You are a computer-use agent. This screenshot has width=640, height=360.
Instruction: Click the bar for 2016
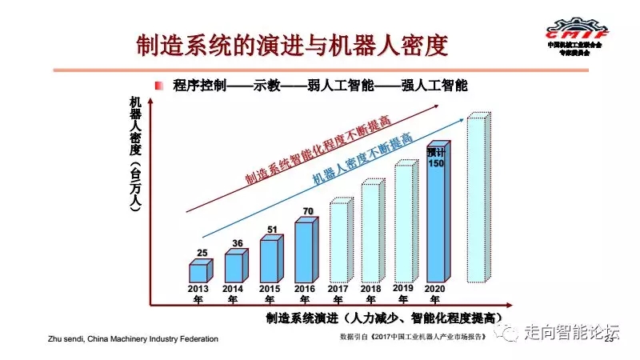pyautogui.click(x=303, y=251)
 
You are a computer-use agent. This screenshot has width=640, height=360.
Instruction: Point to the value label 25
pyautogui.click(x=202, y=254)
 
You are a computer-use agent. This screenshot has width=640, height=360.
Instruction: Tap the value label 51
pyautogui.click(x=271, y=230)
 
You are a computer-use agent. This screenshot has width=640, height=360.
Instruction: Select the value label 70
pyautogui.click(x=306, y=212)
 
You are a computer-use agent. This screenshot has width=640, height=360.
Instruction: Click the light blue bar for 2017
pyautogui.click(x=338, y=242)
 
